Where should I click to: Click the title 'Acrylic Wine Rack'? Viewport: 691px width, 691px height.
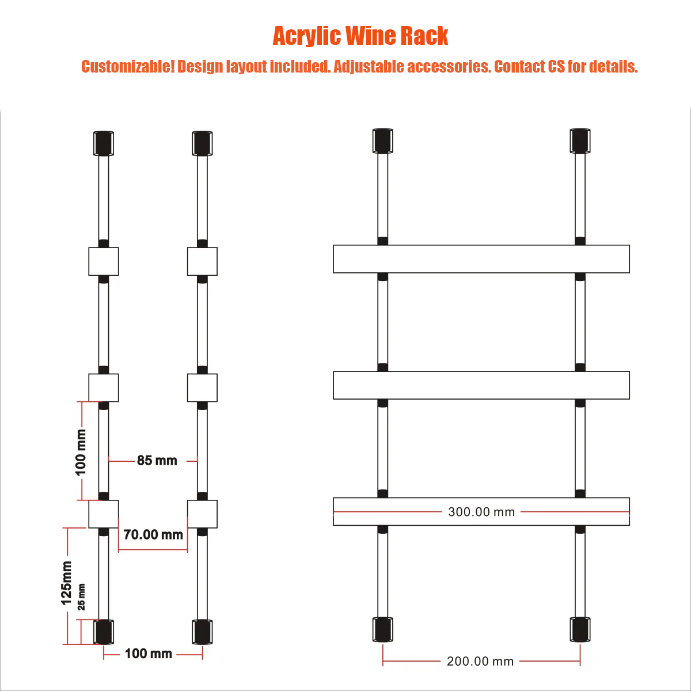(360, 36)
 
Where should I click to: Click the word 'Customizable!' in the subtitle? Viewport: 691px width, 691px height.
(128, 67)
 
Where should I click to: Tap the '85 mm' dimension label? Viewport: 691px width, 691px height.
(157, 461)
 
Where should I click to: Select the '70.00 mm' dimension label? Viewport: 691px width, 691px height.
(153, 534)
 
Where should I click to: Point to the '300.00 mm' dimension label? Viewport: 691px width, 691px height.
(481, 512)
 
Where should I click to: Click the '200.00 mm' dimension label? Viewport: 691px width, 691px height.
(480, 661)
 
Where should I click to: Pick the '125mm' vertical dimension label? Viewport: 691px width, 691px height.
(66, 583)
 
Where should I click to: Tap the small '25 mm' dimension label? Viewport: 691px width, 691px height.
(81, 597)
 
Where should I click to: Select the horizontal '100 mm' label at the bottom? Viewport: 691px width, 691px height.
(149, 654)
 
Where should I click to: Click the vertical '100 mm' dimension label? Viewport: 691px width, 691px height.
(81, 452)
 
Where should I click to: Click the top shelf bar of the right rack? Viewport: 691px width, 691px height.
(481, 259)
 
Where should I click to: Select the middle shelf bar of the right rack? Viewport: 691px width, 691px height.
(481, 385)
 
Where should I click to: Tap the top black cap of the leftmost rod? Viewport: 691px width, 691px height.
(104, 143)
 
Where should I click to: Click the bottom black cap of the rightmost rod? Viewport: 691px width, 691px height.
(580, 629)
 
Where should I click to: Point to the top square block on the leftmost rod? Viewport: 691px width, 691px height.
(104, 261)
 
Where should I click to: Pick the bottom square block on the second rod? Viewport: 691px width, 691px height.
(202, 514)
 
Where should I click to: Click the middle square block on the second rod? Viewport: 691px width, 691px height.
(202, 388)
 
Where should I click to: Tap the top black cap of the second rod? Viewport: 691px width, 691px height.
(202, 143)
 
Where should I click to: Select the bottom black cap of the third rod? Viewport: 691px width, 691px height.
(382, 629)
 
